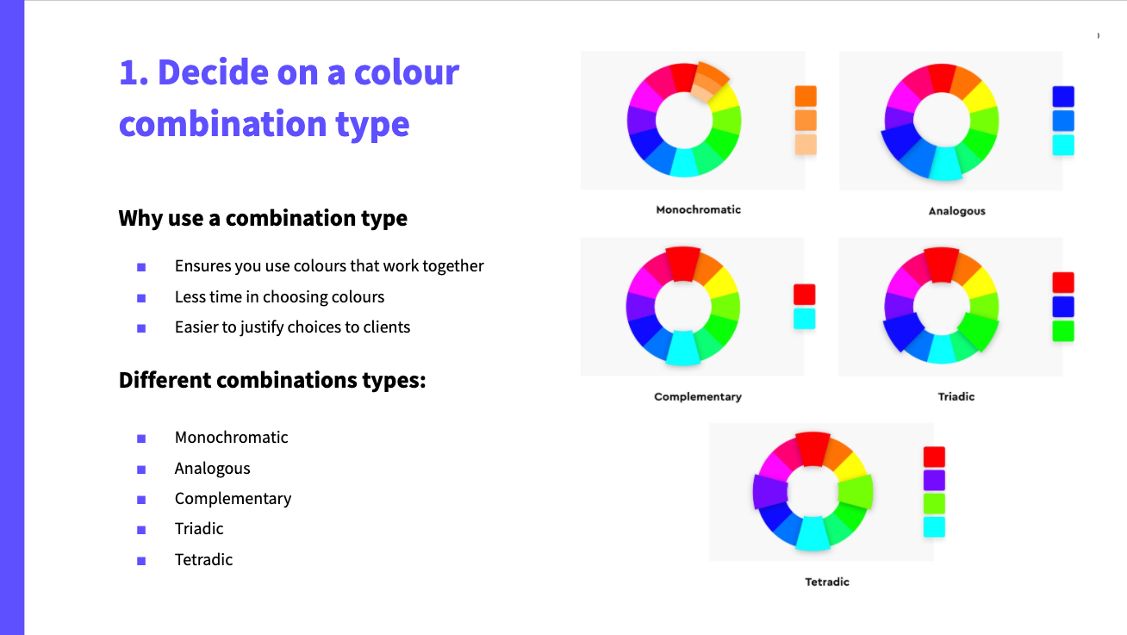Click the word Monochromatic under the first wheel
click(698, 209)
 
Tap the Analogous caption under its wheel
click(957, 211)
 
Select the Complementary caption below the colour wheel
click(698, 396)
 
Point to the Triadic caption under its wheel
click(956, 396)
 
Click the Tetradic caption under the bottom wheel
click(827, 582)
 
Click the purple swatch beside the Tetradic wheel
click(934, 480)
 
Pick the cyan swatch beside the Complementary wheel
click(805, 319)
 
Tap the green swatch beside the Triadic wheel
click(1063, 331)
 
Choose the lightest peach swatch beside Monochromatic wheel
click(806, 145)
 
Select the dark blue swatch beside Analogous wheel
click(1063, 96)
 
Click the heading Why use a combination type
click(263, 218)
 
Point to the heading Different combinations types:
click(272, 380)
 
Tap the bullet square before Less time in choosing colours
click(141, 298)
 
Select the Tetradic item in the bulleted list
click(203, 559)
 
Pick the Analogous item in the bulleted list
click(212, 469)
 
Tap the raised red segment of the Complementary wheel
click(682, 264)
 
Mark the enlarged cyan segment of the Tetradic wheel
click(813, 533)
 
